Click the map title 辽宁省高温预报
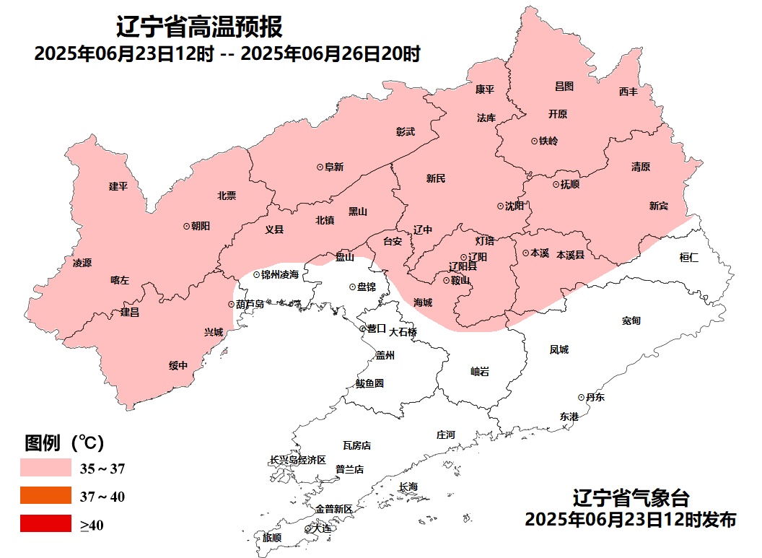(199, 27)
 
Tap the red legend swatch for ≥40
(45, 523)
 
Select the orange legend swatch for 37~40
(45, 496)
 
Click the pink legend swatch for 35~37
(45, 468)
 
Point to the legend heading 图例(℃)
(66, 441)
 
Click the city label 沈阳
(514, 206)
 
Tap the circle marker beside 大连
(308, 529)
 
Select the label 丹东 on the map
(595, 397)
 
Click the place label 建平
(118, 186)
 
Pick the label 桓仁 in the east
(688, 257)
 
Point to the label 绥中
(178, 365)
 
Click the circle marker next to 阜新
(320, 167)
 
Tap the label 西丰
(629, 92)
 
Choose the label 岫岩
(480, 371)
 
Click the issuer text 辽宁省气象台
(631, 497)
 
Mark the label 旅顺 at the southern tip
(272, 538)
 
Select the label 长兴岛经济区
(298, 460)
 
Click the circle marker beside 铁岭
(534, 141)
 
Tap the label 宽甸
(631, 320)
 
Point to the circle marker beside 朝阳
(186, 226)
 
